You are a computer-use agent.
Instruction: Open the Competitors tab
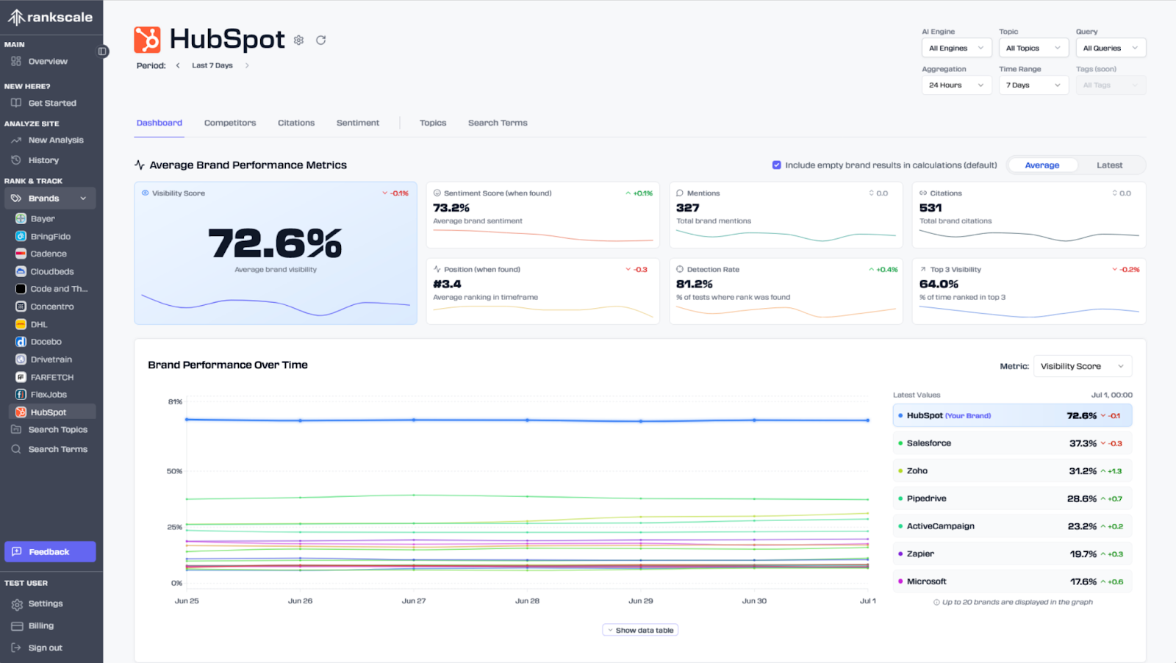pyautogui.click(x=230, y=123)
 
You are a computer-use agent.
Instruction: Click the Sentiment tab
pyautogui.click(x=358, y=123)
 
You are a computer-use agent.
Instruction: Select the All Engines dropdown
pyautogui.click(x=956, y=48)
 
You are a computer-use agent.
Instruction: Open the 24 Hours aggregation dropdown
pyautogui.click(x=956, y=85)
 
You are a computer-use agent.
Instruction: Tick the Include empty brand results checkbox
pyautogui.click(x=777, y=165)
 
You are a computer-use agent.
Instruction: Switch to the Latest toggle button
pyautogui.click(x=1109, y=165)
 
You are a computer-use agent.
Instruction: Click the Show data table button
pyautogui.click(x=640, y=630)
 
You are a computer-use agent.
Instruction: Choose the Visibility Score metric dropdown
pyautogui.click(x=1082, y=366)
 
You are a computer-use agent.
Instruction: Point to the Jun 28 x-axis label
pyautogui.click(x=527, y=601)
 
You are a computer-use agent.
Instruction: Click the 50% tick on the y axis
pyautogui.click(x=174, y=471)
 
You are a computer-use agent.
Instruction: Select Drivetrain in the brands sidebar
pyautogui.click(x=51, y=359)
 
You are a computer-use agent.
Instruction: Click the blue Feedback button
pyautogui.click(x=50, y=552)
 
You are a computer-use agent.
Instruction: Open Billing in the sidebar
pyautogui.click(x=41, y=626)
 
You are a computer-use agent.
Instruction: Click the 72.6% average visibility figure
pyautogui.click(x=276, y=244)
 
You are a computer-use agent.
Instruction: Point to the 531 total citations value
pyautogui.click(x=931, y=208)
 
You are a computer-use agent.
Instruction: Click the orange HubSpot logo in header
pyautogui.click(x=147, y=40)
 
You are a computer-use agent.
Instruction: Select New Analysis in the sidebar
pyautogui.click(x=56, y=140)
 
